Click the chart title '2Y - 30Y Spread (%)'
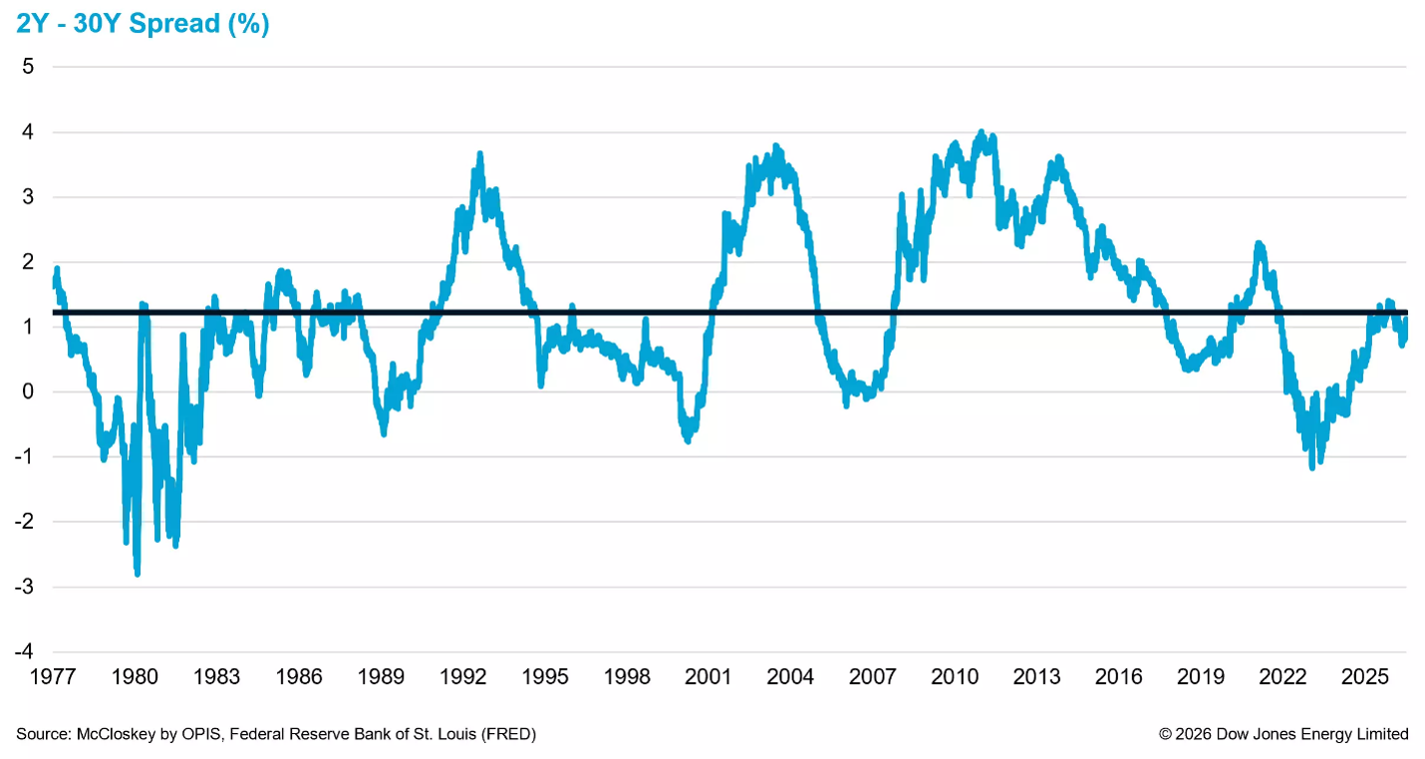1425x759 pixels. pos(142,24)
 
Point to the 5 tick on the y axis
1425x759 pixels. pos(28,66)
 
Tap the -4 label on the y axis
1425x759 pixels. pos(24,651)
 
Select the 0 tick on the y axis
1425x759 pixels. pos(28,391)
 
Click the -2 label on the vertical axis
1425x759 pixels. pos(24,521)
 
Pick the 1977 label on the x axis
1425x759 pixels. pos(53,677)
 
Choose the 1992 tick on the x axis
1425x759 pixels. pos(462,677)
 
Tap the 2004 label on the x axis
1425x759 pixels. pos(790,677)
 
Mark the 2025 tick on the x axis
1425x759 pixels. pos(1364,677)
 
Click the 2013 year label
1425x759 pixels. pos(1036,677)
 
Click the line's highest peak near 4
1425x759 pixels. pos(981,132)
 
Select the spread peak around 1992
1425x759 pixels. pos(480,154)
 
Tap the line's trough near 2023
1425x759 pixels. pos(1311,467)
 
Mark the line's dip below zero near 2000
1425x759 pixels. pos(688,440)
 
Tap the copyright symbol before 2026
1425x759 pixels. pos(1165,734)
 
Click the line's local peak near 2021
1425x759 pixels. pos(1259,244)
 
